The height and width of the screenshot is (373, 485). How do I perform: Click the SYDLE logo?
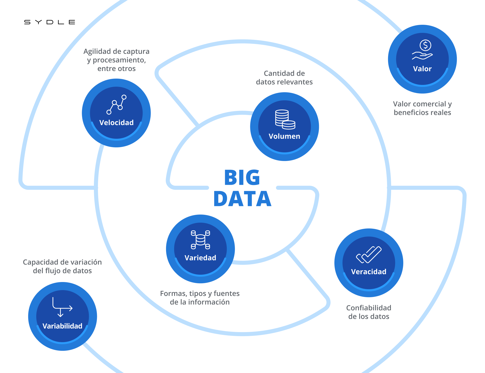click(x=50, y=22)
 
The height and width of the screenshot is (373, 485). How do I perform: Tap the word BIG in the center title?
click(x=242, y=177)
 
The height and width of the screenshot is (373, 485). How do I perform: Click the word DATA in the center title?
click(x=242, y=199)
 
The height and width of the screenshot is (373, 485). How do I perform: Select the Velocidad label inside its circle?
click(x=116, y=123)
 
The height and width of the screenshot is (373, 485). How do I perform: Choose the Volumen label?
click(x=284, y=136)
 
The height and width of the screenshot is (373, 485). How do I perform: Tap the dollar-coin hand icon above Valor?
click(x=422, y=50)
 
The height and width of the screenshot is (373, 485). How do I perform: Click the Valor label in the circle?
click(x=422, y=69)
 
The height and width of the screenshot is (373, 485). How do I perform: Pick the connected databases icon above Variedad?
click(x=200, y=240)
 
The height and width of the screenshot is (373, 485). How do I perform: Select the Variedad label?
click(x=200, y=258)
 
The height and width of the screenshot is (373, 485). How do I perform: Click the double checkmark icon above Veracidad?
click(x=369, y=254)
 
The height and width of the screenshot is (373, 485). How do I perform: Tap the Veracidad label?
click(x=369, y=272)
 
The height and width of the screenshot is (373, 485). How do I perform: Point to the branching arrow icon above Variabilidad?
click(x=62, y=307)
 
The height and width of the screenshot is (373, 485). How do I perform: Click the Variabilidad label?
click(x=62, y=326)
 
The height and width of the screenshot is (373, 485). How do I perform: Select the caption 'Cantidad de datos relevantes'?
click(x=284, y=78)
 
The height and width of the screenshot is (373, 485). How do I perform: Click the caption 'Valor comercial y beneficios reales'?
click(x=422, y=108)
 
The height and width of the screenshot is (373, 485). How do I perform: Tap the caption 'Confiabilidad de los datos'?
click(x=369, y=312)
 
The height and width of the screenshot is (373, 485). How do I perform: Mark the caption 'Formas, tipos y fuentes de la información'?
click(x=200, y=298)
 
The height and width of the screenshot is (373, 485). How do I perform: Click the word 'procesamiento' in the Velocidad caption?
click(x=119, y=60)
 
